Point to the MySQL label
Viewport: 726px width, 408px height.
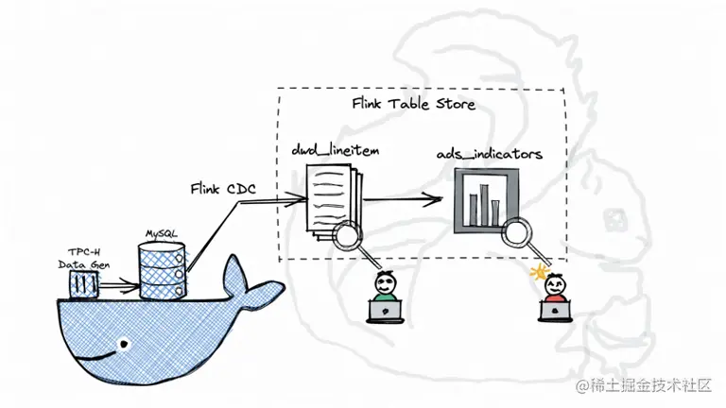coord(161,231)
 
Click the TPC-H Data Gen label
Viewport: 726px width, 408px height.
coord(84,260)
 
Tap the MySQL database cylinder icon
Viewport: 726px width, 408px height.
coord(161,270)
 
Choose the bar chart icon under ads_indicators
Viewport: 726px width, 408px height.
coord(486,200)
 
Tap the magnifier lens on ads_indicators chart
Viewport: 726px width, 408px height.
coord(515,231)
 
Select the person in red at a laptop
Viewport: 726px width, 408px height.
coord(555,296)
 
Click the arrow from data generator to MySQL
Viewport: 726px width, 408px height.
coord(118,281)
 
